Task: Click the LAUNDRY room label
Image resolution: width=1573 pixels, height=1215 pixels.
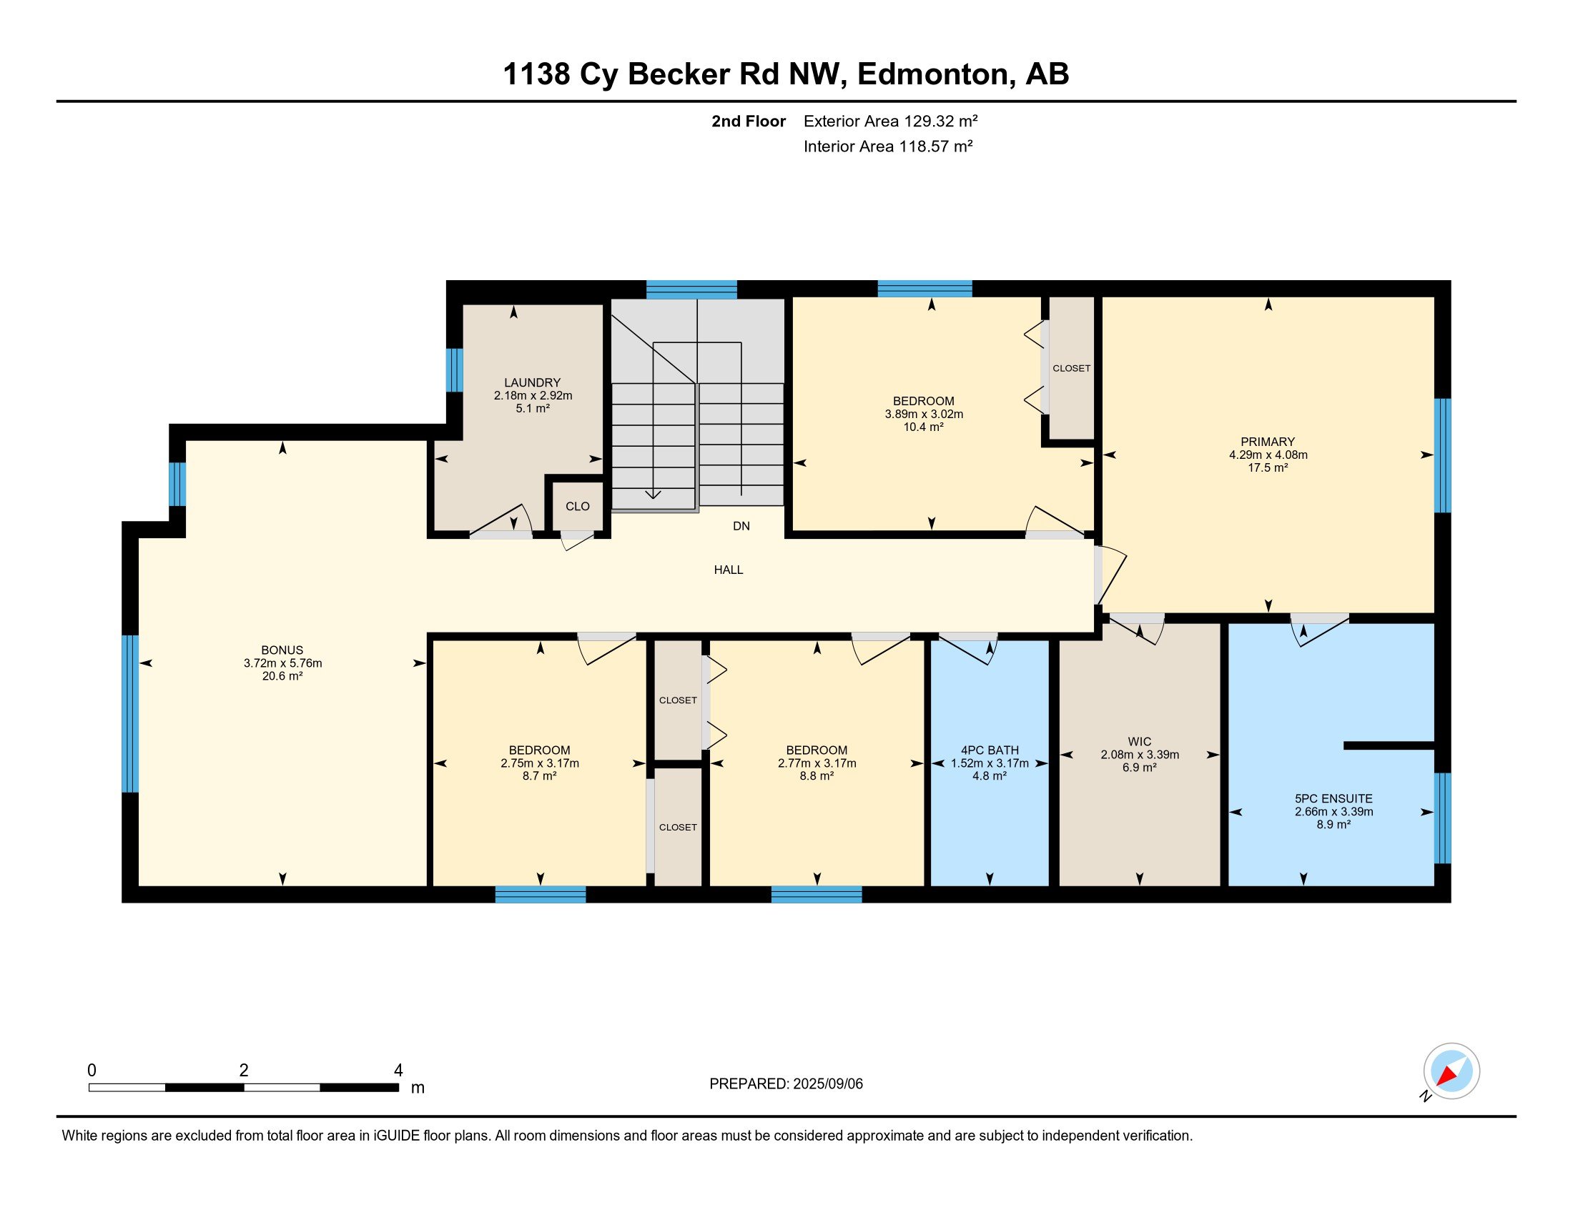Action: [532, 383]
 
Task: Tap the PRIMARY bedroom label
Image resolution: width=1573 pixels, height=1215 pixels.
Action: [1268, 442]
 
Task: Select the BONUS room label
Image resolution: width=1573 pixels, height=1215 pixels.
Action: [282, 650]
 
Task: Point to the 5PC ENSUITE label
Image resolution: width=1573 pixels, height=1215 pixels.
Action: [1334, 798]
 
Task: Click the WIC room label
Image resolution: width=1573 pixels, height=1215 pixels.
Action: [1140, 741]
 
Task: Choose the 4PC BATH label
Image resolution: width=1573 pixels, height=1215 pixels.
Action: [990, 750]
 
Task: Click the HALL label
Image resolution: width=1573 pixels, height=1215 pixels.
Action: [728, 570]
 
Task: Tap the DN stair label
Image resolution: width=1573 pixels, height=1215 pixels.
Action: [741, 526]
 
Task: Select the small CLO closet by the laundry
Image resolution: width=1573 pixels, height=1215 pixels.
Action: [578, 506]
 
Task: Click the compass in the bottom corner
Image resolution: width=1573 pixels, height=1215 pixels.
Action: [1451, 1071]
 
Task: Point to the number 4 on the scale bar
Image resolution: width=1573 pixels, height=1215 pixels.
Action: [398, 1071]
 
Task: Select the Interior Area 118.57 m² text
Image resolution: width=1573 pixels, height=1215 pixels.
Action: [888, 147]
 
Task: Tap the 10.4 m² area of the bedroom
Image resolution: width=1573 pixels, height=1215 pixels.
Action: [923, 427]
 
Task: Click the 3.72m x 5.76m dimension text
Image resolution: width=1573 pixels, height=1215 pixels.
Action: [282, 663]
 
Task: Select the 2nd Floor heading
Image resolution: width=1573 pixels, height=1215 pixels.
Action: [749, 121]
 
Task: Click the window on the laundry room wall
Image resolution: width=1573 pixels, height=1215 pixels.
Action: [455, 370]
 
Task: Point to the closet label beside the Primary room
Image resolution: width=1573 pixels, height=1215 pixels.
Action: [1071, 369]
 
